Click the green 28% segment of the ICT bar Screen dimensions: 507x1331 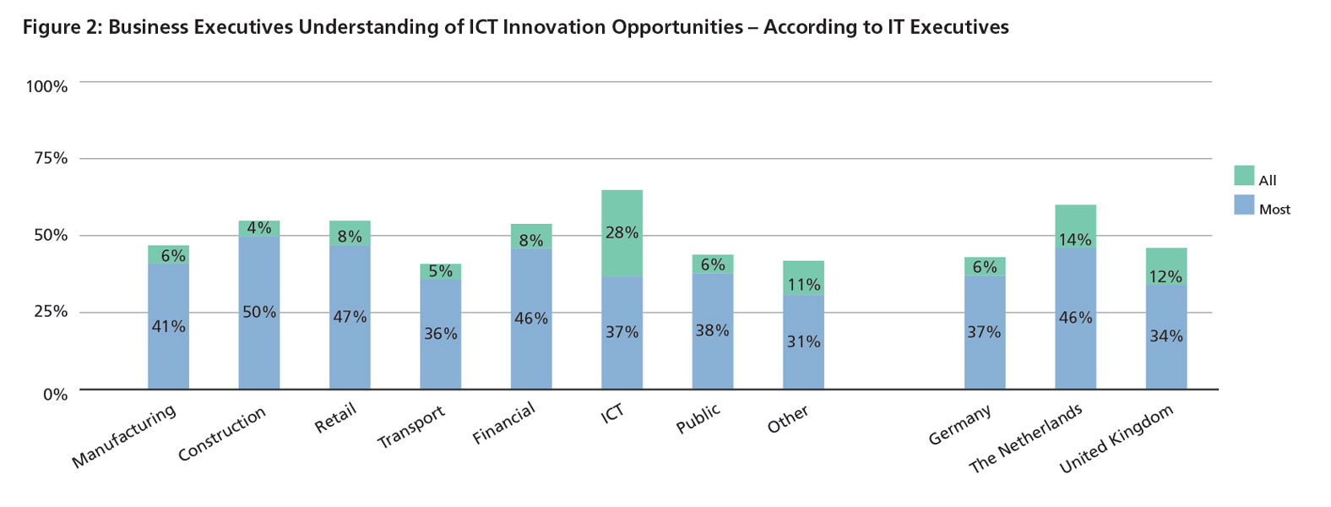tap(622, 233)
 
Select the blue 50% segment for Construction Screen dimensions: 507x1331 tap(258, 313)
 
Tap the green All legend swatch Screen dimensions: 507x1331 tap(1243, 176)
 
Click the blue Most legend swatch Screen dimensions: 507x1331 tap(1243, 204)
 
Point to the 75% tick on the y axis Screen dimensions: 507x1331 tap(51, 159)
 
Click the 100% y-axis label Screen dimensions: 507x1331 tap(47, 87)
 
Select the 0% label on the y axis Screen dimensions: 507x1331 tap(56, 395)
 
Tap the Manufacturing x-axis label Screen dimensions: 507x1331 tap(124, 436)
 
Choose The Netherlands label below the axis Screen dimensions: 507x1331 tap(1024, 439)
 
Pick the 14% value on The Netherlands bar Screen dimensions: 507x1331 tap(1075, 240)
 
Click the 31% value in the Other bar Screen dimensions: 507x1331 tap(803, 342)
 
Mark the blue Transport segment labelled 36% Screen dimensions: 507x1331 tap(440, 335)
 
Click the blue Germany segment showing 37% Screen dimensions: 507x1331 tap(984, 333)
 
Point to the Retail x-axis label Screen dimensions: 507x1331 tap(335, 418)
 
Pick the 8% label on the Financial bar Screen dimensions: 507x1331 tap(531, 241)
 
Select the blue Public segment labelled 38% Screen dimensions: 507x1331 tap(712, 331)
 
